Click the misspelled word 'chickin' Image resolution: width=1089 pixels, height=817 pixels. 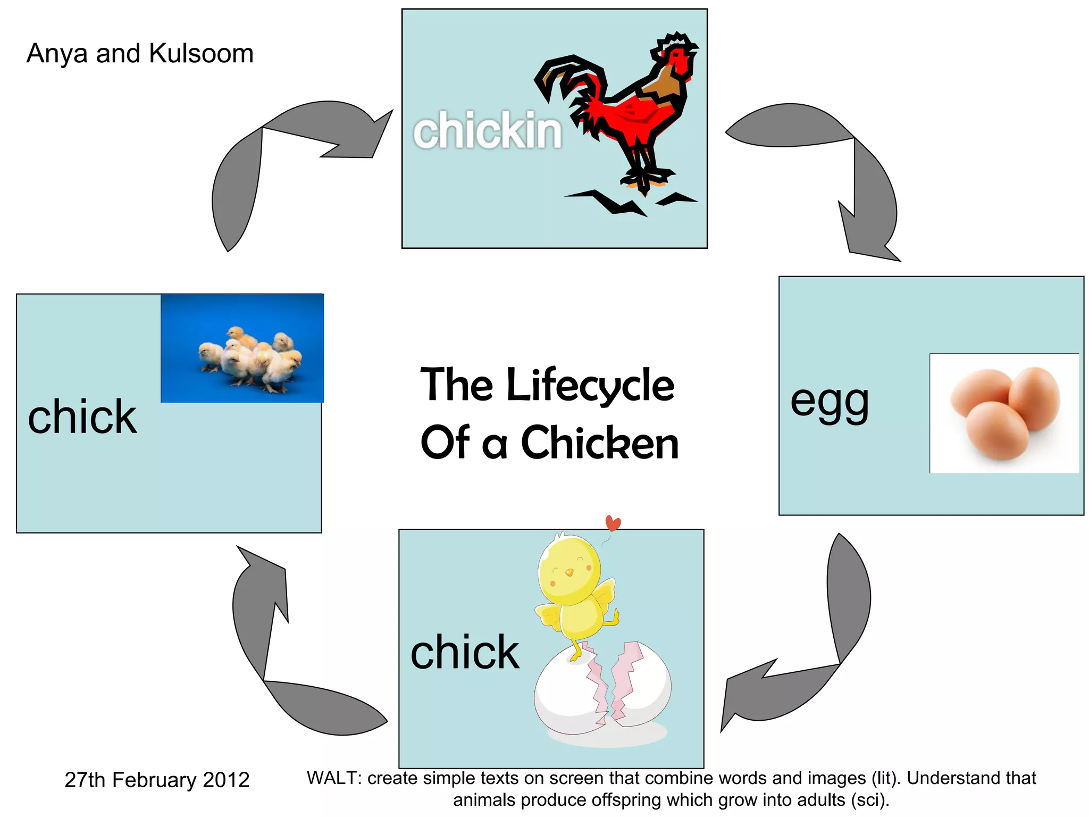pos(487,131)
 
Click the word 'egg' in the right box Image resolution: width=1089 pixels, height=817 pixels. pos(830,402)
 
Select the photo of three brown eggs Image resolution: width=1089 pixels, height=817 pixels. pos(1004,413)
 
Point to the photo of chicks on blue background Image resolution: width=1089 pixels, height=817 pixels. pos(242,348)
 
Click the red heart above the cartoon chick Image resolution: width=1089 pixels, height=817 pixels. pos(613,523)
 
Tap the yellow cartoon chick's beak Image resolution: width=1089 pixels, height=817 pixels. pos(569,573)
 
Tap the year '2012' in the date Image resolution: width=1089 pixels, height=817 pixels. pos(226,780)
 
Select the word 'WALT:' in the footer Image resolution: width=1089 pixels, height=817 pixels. pos(334,778)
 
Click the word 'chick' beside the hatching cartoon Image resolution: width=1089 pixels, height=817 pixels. pos(465,653)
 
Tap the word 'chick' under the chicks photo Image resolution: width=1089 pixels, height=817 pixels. pos(82,418)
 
